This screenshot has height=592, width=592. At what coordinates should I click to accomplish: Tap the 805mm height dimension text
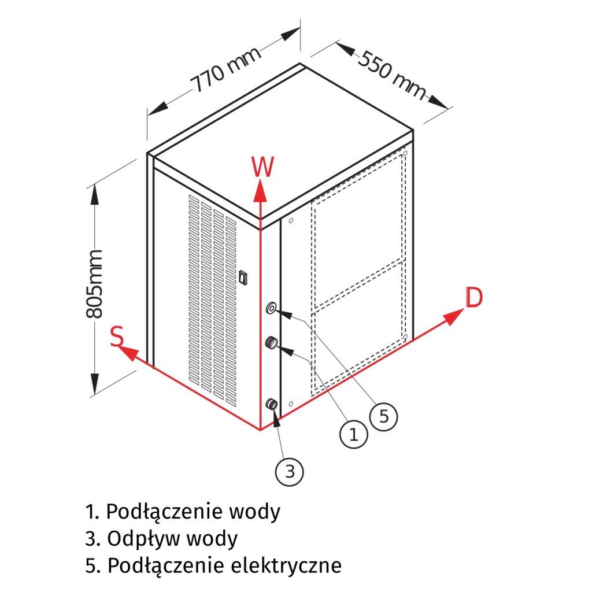[94, 284]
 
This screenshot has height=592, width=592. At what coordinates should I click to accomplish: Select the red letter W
[262, 168]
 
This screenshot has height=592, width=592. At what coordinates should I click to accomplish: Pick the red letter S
[117, 336]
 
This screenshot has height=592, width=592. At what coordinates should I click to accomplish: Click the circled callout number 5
[383, 416]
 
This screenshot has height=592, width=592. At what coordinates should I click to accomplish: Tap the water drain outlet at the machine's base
[271, 405]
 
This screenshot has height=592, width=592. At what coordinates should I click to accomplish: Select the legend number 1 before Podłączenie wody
[90, 512]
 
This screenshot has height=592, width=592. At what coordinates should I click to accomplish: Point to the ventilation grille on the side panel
[213, 295]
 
